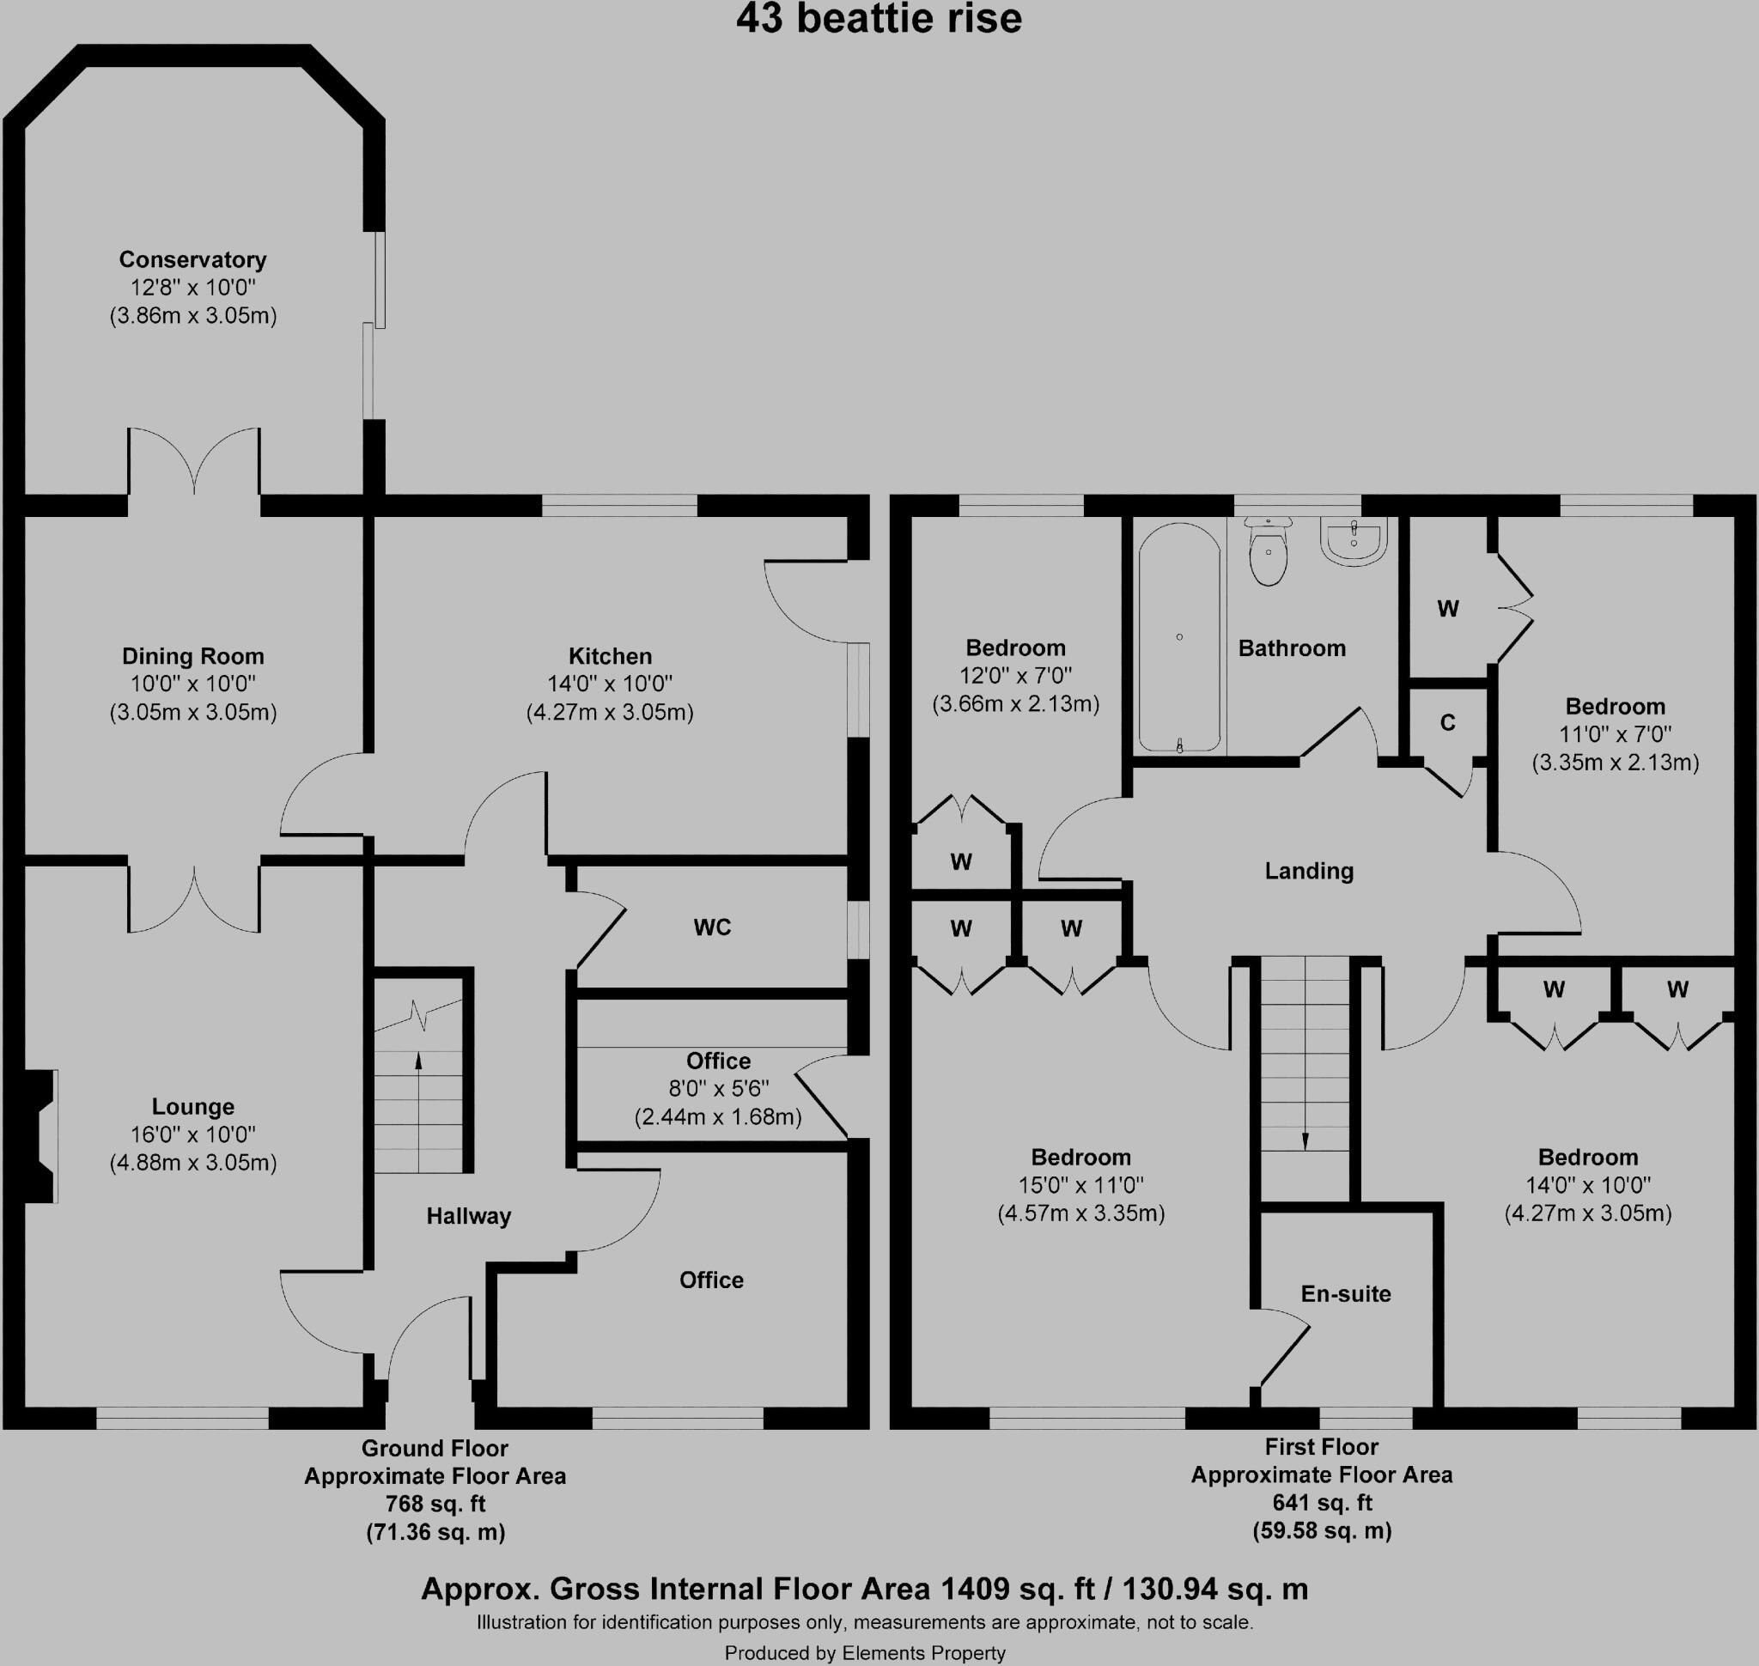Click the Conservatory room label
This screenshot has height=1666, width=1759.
(192, 259)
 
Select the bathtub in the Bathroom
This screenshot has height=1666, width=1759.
(1179, 636)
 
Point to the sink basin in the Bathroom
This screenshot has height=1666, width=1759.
(1353, 541)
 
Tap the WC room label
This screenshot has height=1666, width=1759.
(712, 927)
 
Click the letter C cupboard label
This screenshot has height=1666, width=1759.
(1447, 723)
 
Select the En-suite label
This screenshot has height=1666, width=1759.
(1345, 1294)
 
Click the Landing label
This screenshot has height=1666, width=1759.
(1309, 870)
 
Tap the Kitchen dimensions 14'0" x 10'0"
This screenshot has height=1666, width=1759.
(610, 684)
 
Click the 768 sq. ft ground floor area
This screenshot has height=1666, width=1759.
(435, 1504)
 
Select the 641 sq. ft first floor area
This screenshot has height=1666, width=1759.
(1321, 1502)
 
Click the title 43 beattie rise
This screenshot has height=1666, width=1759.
(879, 20)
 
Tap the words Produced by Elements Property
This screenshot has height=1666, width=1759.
(864, 1652)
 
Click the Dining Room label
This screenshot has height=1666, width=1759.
(192, 656)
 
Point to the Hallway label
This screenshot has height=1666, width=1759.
(468, 1216)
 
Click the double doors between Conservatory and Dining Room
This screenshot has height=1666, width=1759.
(193, 462)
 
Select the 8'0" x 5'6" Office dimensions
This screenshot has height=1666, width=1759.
(718, 1088)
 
